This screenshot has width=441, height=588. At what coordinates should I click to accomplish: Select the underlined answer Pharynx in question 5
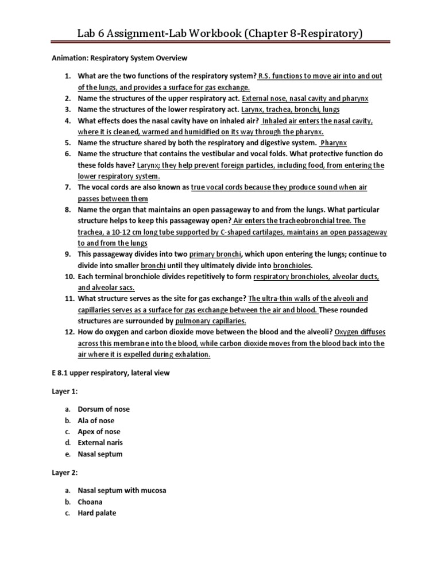[334, 142]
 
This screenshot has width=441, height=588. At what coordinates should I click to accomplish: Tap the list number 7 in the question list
[67, 187]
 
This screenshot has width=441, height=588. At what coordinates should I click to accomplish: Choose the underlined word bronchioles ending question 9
[292, 265]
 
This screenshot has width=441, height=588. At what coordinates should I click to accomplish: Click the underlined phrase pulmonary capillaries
[211, 321]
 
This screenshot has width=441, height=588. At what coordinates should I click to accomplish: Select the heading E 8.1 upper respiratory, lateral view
[111, 373]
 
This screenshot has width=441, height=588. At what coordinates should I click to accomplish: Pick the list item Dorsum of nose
[104, 409]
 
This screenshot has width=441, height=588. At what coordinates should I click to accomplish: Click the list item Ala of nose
[96, 420]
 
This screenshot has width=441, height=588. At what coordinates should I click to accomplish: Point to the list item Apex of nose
[99, 431]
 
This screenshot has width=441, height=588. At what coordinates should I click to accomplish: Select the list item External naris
[100, 443]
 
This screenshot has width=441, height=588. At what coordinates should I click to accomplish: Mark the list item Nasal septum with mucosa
[122, 490]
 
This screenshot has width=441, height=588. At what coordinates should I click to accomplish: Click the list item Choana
[90, 502]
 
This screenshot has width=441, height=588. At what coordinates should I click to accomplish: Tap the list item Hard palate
[97, 513]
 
